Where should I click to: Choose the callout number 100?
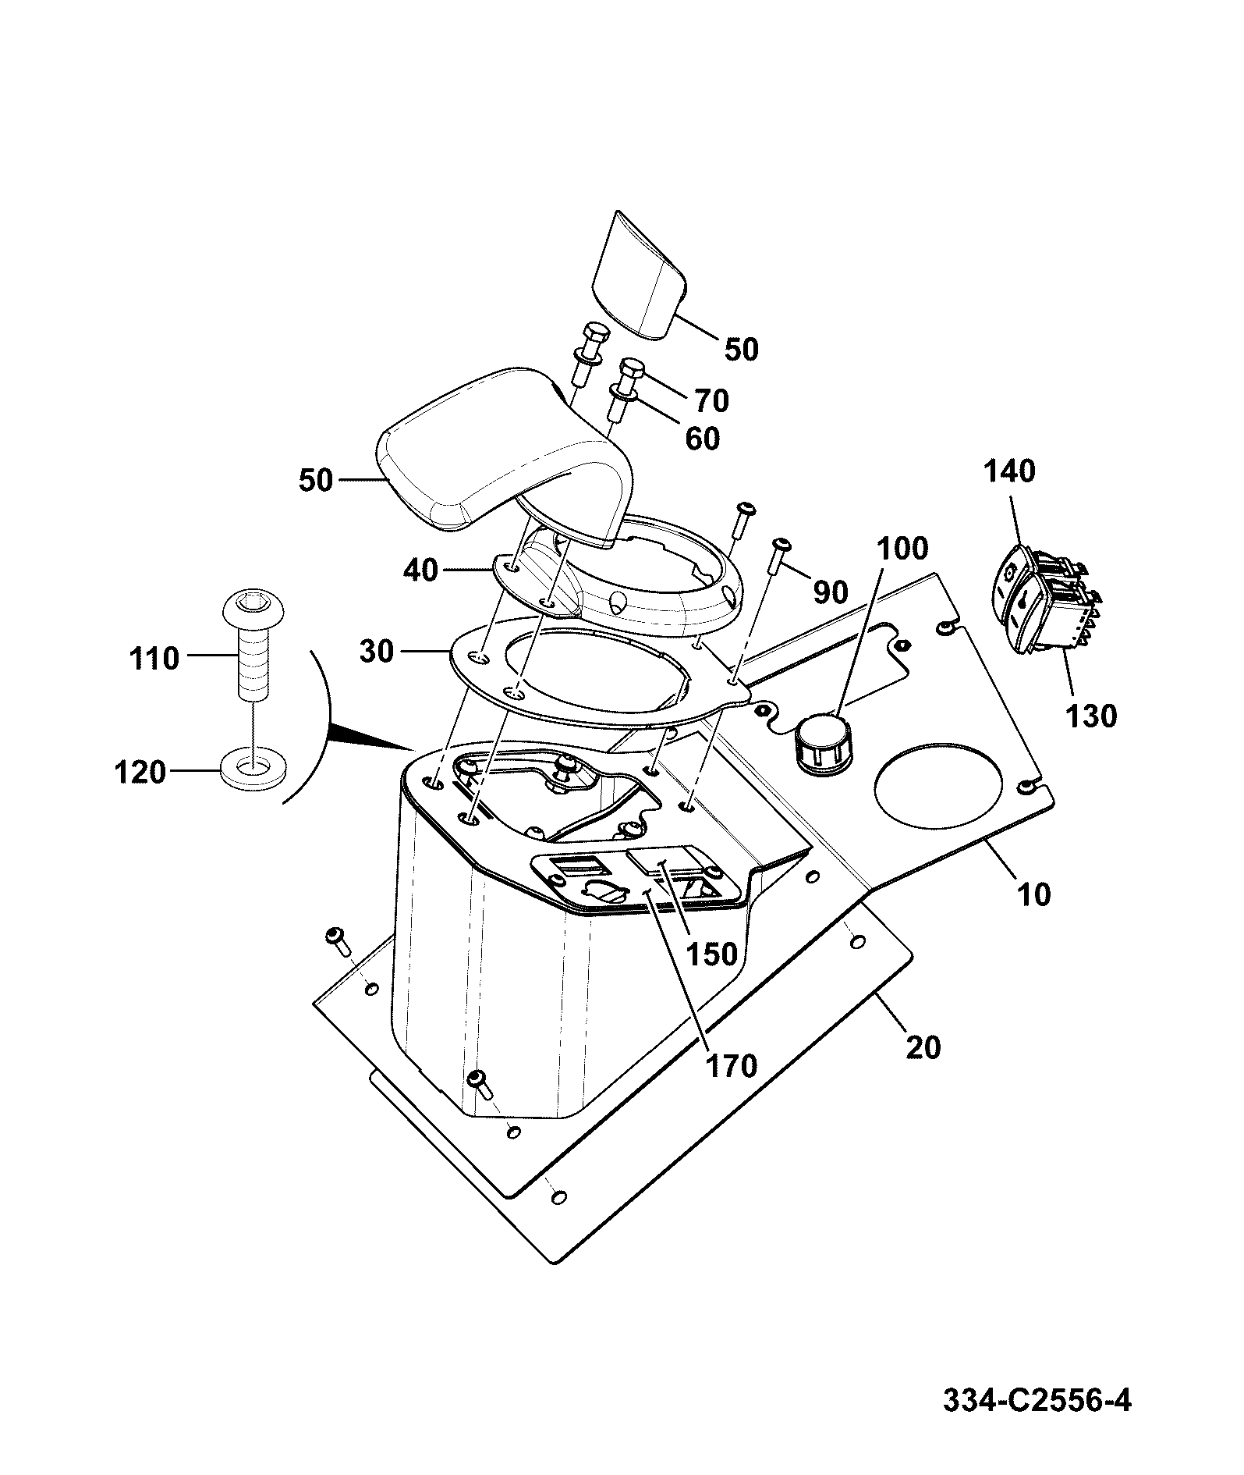coord(902,549)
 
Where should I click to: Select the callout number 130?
coord(1091,715)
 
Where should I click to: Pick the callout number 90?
coord(831,592)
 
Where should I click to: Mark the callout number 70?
coord(711,400)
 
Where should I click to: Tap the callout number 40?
coord(421,570)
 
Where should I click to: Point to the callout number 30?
coord(377,651)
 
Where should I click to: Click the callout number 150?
coord(712,953)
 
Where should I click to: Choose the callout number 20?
coord(923,1047)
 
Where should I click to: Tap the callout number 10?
coord(1034,894)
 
